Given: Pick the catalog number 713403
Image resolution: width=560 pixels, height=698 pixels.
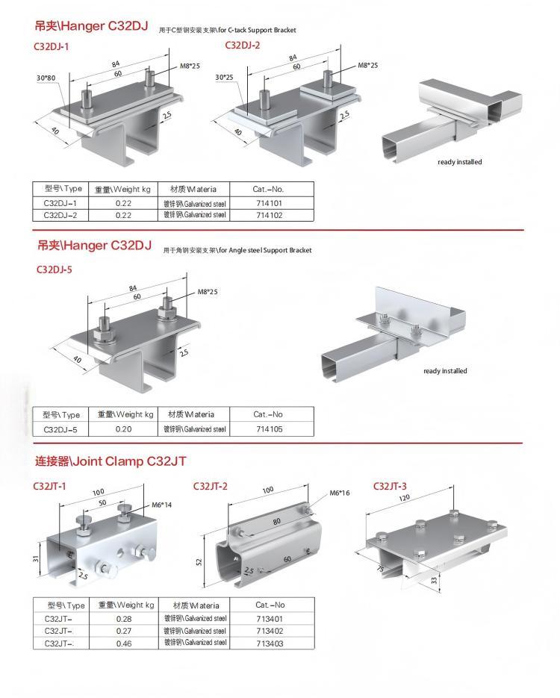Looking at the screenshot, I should click(270, 643).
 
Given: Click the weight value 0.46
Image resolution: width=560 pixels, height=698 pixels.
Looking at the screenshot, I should click(123, 643).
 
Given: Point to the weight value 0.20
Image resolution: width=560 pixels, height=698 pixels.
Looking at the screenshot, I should click(123, 429).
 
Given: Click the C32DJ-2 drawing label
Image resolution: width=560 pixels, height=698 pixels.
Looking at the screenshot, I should click(243, 46).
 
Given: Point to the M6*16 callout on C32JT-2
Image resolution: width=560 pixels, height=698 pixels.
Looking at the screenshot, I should click(340, 493).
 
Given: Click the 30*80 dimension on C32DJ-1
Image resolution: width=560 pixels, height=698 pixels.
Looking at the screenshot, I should click(45, 77).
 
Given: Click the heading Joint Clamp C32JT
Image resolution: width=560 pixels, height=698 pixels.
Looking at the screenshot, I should click(111, 461).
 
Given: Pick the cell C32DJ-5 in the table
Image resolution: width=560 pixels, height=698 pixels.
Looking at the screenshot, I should click(60, 429).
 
